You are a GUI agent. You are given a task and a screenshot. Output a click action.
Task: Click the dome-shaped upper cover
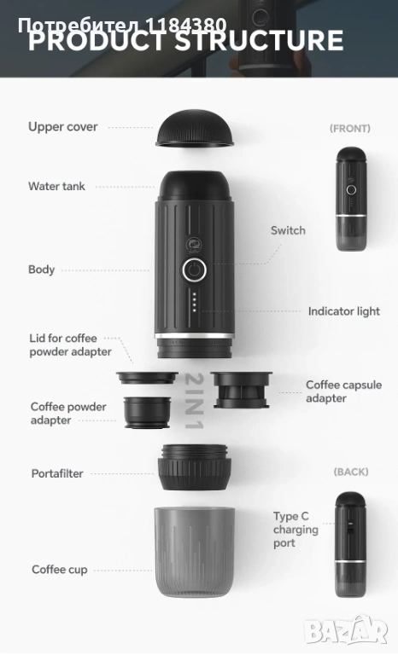(195, 128)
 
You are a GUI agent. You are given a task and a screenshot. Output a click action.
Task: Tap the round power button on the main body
(194, 270)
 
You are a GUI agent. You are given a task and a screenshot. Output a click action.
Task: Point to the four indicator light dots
(194, 302)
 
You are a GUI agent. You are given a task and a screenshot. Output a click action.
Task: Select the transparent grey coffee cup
(195, 552)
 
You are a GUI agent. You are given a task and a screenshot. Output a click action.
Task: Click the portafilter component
(194, 467)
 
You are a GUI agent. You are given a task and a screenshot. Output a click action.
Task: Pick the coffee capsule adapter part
(241, 390)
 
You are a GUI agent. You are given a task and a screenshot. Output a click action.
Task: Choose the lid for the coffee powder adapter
(147, 378)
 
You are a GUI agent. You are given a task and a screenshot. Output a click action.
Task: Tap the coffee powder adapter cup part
(147, 412)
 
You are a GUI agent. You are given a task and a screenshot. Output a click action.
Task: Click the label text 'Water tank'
(56, 186)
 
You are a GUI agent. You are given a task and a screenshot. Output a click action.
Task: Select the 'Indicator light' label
(344, 311)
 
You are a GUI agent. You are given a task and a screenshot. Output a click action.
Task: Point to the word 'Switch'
(288, 230)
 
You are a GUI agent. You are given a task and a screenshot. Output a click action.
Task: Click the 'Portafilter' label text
(57, 473)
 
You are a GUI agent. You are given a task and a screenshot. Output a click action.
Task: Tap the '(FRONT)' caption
(350, 129)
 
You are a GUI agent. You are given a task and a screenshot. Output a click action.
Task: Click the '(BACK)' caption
(351, 472)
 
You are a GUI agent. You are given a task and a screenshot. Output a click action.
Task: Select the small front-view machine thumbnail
(351, 199)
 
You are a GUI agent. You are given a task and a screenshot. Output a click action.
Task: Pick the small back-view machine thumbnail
(350, 544)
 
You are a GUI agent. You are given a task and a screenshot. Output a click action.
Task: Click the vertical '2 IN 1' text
(194, 401)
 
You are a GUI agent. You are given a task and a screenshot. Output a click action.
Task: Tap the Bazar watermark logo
(346, 629)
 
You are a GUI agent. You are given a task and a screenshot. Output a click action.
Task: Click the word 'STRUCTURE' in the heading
(259, 41)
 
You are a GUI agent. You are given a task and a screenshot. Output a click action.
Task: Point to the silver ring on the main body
(194, 336)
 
